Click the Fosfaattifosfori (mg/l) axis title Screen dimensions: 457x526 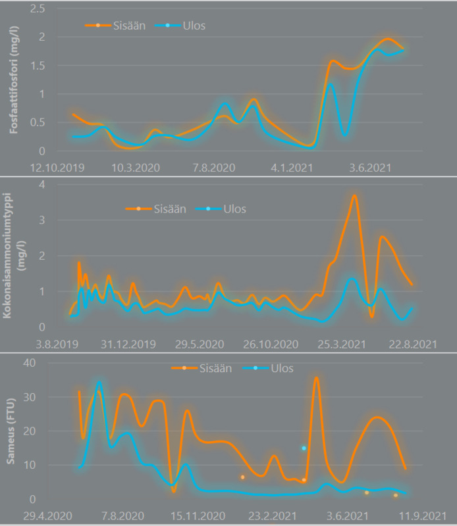(13, 80)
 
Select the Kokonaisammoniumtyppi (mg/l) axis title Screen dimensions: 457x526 (13, 256)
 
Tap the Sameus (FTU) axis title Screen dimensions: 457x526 (11, 431)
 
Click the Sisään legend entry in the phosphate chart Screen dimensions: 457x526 (115, 26)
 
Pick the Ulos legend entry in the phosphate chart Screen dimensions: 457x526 (180, 26)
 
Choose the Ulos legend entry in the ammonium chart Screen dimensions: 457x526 (221, 209)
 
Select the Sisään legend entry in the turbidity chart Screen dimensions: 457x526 (202, 368)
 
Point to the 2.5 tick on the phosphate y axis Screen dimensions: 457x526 (38, 9)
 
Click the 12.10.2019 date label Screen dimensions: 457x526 (57, 168)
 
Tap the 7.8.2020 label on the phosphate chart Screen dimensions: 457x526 (214, 168)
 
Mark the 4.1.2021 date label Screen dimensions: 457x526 (292, 168)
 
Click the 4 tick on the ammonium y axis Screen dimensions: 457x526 (41, 184)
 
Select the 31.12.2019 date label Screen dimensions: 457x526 (128, 345)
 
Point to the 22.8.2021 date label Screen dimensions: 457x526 (413, 345)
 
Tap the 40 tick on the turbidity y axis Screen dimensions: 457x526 (30, 363)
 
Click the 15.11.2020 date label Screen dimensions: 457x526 (198, 516)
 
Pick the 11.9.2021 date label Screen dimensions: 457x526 (422, 516)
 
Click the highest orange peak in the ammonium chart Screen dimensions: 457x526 (354, 195)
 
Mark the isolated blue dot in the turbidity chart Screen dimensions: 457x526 (304, 448)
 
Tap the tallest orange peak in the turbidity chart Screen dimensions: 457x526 (316, 378)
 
